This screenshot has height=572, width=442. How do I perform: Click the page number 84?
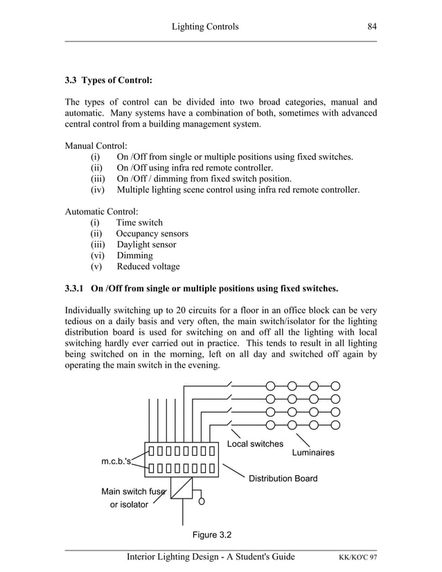371,26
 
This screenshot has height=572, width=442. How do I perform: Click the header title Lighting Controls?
204,26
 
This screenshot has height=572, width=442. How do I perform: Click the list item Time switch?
139,223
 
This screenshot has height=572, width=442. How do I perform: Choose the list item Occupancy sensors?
152,234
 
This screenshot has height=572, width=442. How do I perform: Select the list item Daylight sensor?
145,245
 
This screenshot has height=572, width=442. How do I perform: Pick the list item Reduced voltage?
148,267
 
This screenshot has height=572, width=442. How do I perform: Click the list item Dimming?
134,256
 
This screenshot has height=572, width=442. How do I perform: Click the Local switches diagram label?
255,444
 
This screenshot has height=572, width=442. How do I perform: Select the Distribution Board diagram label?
283,479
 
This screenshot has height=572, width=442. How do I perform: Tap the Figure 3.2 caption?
211,535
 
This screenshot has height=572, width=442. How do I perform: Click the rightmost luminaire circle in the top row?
335,386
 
